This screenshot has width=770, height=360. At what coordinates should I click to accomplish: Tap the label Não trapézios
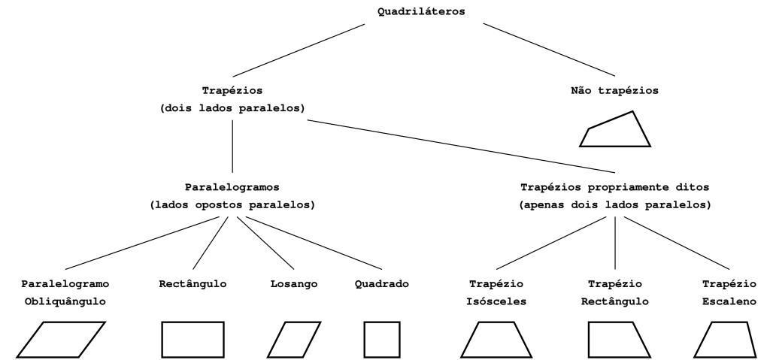pyautogui.click(x=615, y=91)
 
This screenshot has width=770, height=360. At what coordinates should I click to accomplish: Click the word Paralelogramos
pyautogui.click(x=232, y=186)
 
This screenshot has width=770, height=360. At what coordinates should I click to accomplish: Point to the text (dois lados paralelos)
pyautogui.click(x=232, y=108)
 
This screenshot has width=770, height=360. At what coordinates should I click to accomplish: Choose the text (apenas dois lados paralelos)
pyautogui.click(x=615, y=204)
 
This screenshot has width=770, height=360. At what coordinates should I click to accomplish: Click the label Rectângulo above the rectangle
pyautogui.click(x=193, y=284)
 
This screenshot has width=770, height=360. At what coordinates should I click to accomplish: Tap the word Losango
pyautogui.click(x=294, y=284)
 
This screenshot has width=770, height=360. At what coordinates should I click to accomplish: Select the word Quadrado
pyautogui.click(x=381, y=284)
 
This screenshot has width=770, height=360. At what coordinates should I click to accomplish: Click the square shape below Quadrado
pyautogui.click(x=381, y=340)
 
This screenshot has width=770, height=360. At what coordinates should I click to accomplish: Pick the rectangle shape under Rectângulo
pyautogui.click(x=193, y=340)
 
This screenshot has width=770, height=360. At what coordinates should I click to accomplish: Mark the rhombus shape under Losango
pyautogui.click(x=294, y=340)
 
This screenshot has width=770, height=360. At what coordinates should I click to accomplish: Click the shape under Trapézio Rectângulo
pyautogui.click(x=614, y=340)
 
